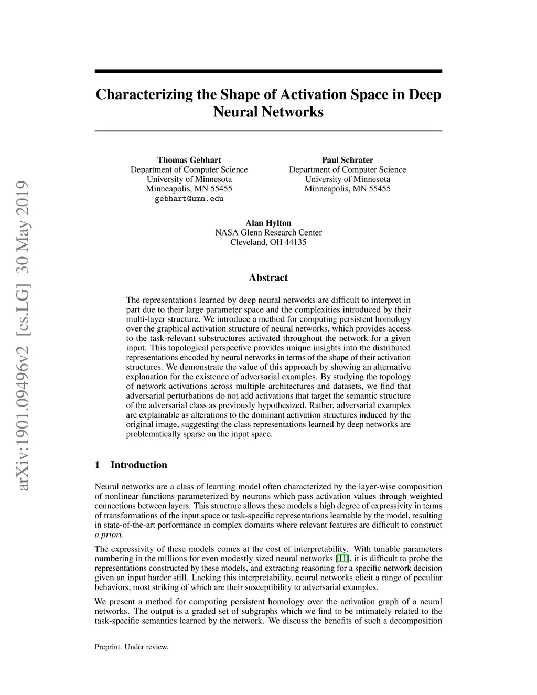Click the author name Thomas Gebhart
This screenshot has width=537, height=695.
pos(189,160)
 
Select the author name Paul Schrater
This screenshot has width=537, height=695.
pos(347,160)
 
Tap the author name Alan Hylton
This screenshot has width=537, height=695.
pos(268,223)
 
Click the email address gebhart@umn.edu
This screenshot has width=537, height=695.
pos(189,199)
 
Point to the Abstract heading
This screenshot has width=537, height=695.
pos(268,277)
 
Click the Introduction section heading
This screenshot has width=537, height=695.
pos(138,465)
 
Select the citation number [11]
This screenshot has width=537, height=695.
pos(342,558)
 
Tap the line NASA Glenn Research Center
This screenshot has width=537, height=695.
pos(268,232)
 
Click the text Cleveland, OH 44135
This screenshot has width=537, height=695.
pos(268,242)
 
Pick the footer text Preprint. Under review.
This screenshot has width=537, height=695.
pos(131,647)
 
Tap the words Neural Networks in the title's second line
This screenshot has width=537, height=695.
pos(268,112)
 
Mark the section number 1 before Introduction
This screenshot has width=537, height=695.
pos(98,465)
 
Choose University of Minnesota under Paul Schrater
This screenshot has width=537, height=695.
pos(347,179)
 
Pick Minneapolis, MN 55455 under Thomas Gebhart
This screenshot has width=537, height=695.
pos(189,189)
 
